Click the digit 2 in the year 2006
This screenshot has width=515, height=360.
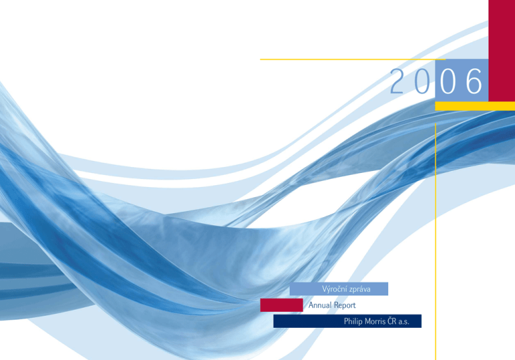[396, 81]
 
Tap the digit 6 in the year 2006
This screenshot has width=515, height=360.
[474, 81]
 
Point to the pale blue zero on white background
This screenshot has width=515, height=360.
[422, 81]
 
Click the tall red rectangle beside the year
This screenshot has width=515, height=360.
[502, 50]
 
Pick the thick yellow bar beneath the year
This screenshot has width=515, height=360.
[475, 106]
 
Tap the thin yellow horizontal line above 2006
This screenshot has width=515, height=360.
[353, 60]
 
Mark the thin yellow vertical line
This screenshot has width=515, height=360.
[435, 241]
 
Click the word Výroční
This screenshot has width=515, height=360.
[333, 289]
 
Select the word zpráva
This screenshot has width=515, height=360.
[358, 290]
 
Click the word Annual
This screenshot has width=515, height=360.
[320, 305]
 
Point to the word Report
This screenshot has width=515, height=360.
[345, 306]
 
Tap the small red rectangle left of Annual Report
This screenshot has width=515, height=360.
[282, 305]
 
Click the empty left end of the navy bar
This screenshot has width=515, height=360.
[307, 321]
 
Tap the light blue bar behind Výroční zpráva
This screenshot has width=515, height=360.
[339, 289]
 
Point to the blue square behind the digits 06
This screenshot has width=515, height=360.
[462, 80]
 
